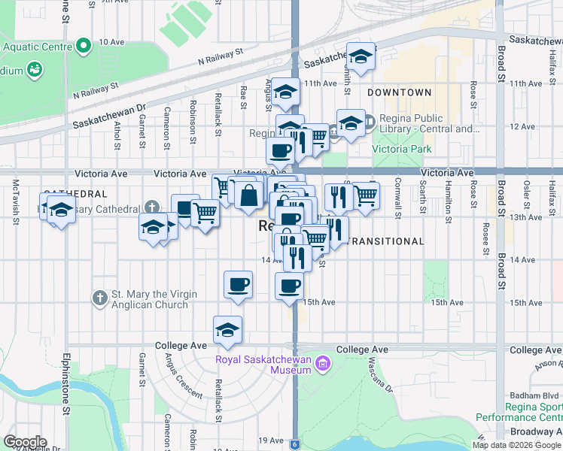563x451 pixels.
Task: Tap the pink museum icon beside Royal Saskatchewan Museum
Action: pyautogui.click(x=324, y=365)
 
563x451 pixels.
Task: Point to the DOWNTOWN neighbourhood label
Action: pyautogui.click(x=400, y=92)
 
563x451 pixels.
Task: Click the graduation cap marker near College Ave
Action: pyautogui.click(x=227, y=329)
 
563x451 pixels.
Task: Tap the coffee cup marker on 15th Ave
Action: pyautogui.click(x=291, y=286)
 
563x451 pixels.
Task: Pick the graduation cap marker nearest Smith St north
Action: pyautogui.click(x=361, y=56)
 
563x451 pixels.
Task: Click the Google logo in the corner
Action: pyautogui.click(x=25, y=442)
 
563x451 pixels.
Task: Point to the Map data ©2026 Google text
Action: pyautogui.click(x=516, y=445)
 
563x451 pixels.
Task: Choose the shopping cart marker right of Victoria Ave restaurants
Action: pyautogui.click(x=366, y=195)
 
